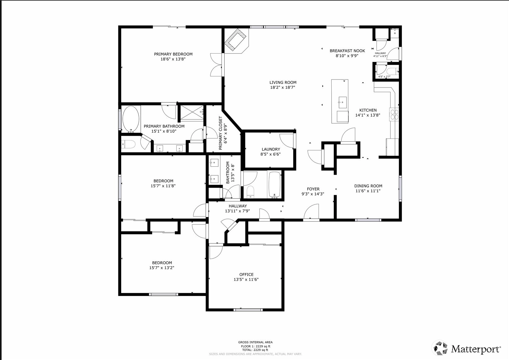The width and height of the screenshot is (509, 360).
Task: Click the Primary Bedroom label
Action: coord(173,54)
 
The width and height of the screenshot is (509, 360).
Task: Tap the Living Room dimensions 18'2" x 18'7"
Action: coord(283,87)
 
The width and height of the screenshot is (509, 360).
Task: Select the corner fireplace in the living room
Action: coord(235,40)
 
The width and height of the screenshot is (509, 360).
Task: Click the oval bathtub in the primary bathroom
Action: coord(131,119)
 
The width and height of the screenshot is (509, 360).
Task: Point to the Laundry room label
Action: coord(271,149)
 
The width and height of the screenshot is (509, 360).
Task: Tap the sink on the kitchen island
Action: coord(342,102)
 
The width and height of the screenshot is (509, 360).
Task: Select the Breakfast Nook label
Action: coord(347,51)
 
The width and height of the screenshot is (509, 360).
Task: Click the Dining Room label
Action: coord(368,186)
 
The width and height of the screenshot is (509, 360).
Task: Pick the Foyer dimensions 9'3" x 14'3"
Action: coord(313,194)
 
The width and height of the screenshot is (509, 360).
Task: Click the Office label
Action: coord(246,275)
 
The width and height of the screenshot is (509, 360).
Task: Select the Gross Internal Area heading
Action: coord(255,342)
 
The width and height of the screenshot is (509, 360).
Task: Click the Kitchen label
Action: coord(368,110)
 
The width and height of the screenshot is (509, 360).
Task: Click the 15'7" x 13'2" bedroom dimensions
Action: coord(162,268)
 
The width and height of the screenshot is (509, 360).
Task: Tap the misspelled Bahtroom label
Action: coord(228,173)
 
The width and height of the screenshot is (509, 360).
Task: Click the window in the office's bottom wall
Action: coord(248,310)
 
